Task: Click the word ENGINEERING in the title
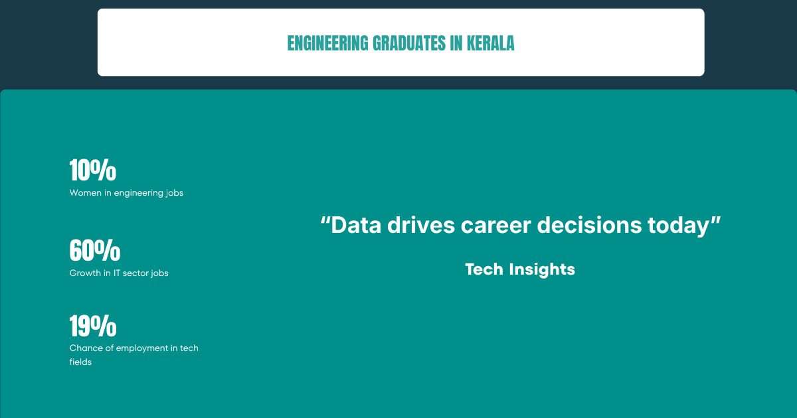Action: pos(327,43)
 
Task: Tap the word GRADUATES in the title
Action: pos(409,43)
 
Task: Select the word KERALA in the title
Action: pos(491,43)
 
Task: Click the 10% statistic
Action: pos(93,170)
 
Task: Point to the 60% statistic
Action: pos(95,250)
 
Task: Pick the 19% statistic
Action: pos(93,326)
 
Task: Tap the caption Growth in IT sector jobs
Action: pos(119,273)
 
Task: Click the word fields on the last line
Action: pos(80,362)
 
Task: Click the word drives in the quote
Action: pos(421,226)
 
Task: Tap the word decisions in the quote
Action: pos(589,226)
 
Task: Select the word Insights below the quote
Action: pos(542,270)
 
